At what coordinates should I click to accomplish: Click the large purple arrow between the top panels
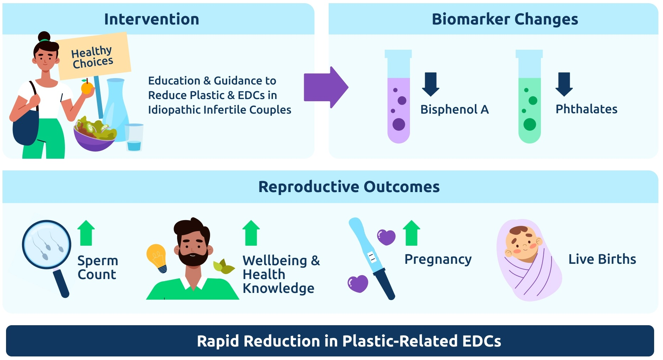325,87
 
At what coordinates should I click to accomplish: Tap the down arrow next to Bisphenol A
431,84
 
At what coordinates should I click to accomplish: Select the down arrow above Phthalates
564,84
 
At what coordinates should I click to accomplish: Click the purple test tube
399,107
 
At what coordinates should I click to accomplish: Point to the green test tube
529,107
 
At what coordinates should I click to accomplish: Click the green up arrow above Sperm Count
86,233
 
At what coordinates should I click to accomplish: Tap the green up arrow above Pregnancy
411,233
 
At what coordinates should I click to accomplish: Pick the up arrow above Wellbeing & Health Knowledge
251,233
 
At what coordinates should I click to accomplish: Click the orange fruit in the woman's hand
87,87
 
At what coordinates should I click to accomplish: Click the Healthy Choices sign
93,56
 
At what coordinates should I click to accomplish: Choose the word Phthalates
586,109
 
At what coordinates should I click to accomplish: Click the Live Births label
602,259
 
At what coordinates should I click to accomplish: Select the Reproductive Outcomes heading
349,187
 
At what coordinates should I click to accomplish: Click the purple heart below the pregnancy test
358,284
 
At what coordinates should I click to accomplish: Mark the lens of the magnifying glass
46,245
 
